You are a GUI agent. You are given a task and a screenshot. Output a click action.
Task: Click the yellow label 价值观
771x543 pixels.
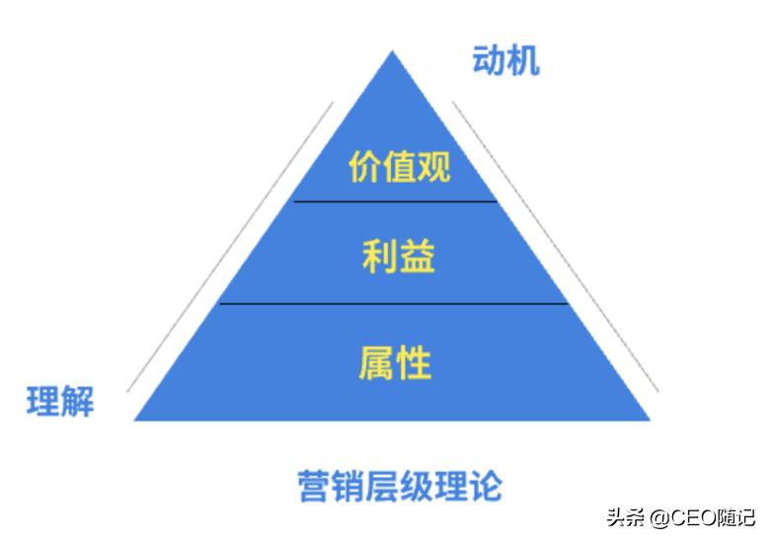399,167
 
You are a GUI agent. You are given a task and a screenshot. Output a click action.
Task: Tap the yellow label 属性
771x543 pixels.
395,364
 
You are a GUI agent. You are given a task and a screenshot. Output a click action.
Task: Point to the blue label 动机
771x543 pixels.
506,62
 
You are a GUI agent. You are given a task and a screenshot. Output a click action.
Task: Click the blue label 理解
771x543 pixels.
60,402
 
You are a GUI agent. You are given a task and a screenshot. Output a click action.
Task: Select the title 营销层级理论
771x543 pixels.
400,486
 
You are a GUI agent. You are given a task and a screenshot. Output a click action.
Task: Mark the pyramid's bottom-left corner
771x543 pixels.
135,420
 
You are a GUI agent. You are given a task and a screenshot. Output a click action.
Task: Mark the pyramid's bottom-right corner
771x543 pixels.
651,420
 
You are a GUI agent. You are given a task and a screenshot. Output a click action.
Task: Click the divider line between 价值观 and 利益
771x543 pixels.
395,201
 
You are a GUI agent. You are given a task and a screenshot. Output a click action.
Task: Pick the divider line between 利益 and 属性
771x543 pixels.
395,304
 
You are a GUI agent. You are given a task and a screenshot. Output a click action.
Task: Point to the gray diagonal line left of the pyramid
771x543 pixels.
229,247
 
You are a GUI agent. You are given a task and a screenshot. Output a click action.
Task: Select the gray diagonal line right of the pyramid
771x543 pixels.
555,247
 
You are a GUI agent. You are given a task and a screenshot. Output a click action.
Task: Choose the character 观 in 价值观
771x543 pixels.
433,167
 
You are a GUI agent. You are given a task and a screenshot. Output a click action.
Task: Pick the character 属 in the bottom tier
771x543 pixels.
376,364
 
